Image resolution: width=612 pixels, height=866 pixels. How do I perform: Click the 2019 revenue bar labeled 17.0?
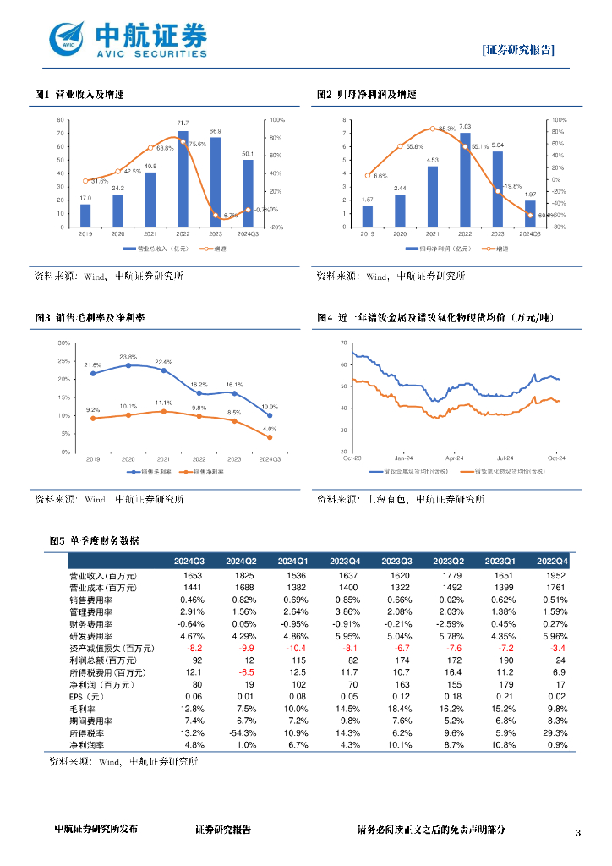click(x=85, y=216)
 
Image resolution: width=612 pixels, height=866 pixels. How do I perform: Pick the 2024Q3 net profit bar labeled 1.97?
click(x=530, y=214)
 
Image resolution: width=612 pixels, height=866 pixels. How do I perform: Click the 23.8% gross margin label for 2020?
click(x=128, y=357)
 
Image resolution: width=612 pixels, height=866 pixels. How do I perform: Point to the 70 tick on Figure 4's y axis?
click(x=342, y=343)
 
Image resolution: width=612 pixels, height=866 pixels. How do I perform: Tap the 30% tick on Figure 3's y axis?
click(x=64, y=343)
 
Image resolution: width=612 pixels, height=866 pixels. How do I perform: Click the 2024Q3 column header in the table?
click(x=190, y=561)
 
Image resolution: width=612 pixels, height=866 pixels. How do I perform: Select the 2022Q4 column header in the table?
click(x=553, y=561)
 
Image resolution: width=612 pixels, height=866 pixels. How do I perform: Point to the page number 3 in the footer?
click(x=578, y=833)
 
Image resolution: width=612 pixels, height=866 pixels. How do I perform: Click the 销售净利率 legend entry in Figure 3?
click(x=208, y=470)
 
